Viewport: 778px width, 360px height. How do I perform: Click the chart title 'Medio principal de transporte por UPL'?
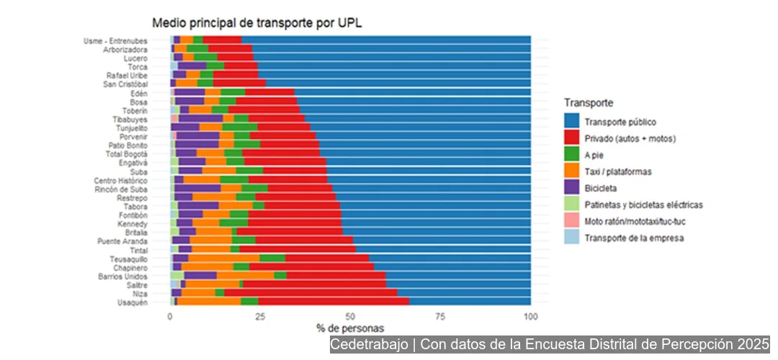pyautogui.click(x=256, y=22)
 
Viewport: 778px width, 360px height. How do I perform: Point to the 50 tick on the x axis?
pyautogui.click(x=350, y=316)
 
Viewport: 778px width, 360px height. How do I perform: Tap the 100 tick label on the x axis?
pyautogui.click(x=530, y=316)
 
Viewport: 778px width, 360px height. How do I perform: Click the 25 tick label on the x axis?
pyautogui.click(x=260, y=316)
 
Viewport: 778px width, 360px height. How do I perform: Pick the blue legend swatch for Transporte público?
pyautogui.click(x=572, y=122)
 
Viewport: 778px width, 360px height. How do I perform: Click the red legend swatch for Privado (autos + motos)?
pyautogui.click(x=572, y=138)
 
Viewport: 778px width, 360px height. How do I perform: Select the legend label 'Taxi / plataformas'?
pyautogui.click(x=618, y=172)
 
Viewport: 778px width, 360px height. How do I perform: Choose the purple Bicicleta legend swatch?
pyautogui.click(x=572, y=189)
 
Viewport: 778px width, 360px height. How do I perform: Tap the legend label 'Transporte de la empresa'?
pyautogui.click(x=634, y=238)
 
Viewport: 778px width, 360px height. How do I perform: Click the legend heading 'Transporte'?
pyautogui.click(x=589, y=103)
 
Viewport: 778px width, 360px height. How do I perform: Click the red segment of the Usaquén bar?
pyautogui.click(x=333, y=302)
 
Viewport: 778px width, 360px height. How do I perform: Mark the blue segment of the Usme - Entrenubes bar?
pyautogui.click(x=385, y=40)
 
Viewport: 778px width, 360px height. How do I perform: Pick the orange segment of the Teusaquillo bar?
pyautogui.click(x=223, y=258)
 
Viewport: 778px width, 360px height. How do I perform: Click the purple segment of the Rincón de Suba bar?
pyautogui.click(x=187, y=189)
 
